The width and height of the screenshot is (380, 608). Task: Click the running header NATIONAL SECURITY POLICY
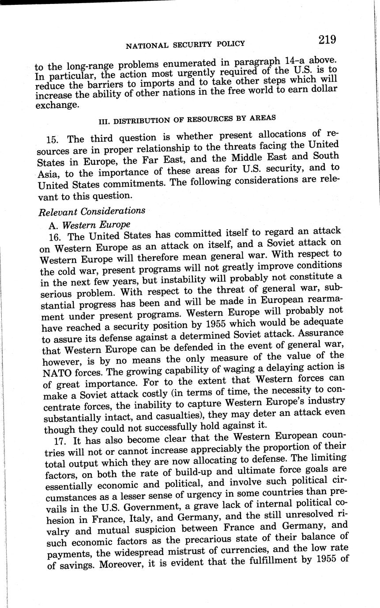pos(185,44)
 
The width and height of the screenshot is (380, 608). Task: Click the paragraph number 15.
pos(52,139)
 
